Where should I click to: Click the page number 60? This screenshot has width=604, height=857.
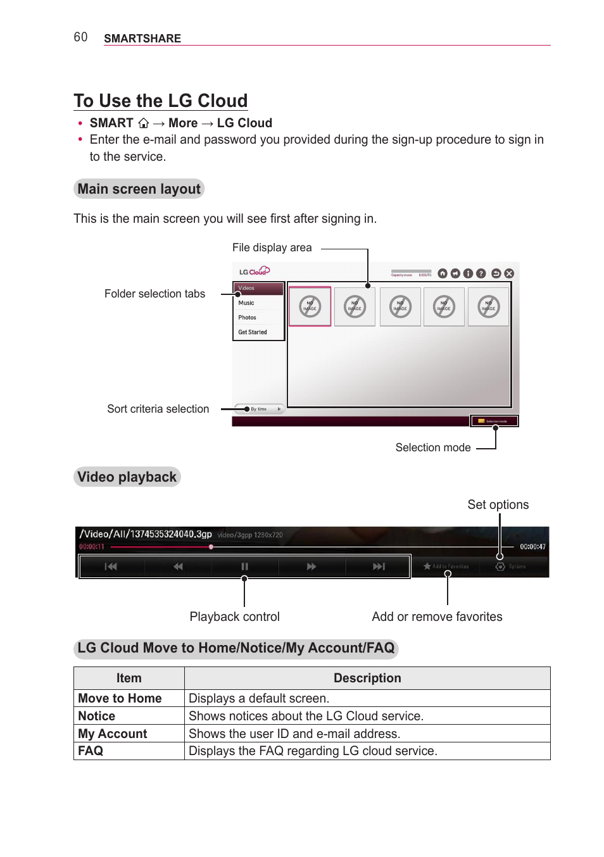(x=80, y=37)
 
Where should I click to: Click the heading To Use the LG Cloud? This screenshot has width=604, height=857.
(x=160, y=101)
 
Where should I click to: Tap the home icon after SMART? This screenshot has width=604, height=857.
(x=144, y=123)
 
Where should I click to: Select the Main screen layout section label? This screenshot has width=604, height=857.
(x=139, y=189)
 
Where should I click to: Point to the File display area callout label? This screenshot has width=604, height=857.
(x=272, y=247)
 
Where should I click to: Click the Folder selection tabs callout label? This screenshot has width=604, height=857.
(x=154, y=294)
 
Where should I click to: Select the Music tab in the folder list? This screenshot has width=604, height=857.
(x=246, y=303)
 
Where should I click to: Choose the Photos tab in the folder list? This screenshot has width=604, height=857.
(x=247, y=318)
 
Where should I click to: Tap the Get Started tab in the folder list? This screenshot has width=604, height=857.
(x=252, y=332)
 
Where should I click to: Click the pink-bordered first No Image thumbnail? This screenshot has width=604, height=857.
(x=310, y=307)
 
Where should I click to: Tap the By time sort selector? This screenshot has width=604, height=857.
(x=259, y=410)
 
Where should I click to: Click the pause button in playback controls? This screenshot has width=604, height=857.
(x=244, y=566)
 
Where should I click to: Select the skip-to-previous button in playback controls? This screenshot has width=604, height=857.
(x=111, y=566)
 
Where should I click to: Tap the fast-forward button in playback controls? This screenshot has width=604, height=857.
(x=311, y=566)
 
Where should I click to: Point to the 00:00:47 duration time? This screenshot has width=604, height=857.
(x=532, y=547)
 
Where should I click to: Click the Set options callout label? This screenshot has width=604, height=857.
(x=498, y=504)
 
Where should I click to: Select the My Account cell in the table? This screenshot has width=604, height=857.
(x=113, y=734)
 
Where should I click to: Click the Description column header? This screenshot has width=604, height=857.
(x=367, y=678)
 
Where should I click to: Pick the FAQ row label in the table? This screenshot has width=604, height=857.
(x=91, y=751)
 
